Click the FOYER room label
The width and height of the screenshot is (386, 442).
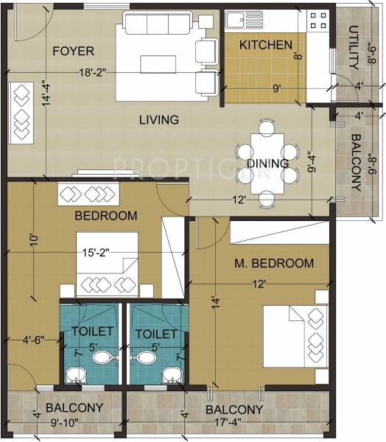73,51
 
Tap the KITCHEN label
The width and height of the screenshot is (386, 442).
266,46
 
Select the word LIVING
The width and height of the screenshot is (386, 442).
160,119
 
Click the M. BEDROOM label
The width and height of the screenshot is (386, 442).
274,263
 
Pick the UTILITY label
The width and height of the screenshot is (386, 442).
354,43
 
